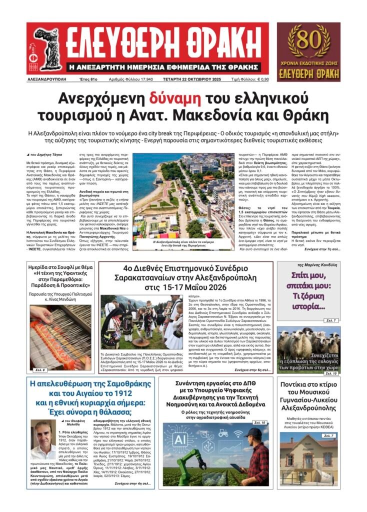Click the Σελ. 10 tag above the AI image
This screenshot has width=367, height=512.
[259, 422]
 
